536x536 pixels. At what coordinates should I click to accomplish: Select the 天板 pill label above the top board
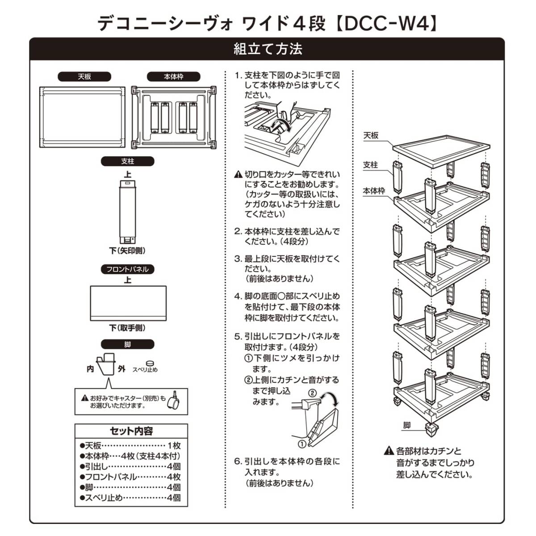pos(84,76)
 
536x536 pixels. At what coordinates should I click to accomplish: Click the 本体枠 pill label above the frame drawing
pos(174,76)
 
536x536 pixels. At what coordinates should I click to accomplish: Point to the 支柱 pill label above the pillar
pos(127,161)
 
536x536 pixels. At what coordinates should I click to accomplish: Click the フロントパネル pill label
pos(127,269)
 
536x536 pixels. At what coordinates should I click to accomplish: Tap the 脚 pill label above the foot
pos(127,344)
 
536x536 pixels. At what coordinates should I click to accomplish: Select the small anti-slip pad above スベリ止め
pos(151,363)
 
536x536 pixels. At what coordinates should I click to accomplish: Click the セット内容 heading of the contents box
pos(131,431)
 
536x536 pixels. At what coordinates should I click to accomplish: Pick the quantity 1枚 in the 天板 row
pos(174,446)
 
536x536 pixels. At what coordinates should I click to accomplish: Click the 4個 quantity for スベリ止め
pos(174,498)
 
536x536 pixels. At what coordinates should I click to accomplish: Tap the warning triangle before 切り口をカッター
pos(239,174)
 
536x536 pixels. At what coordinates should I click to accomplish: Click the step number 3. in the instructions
pos(238,259)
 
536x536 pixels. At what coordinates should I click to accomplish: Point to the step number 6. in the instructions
pos(238,461)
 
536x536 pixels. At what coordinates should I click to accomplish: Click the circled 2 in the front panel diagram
pos(313,393)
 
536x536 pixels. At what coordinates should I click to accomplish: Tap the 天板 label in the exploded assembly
pos(371,135)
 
